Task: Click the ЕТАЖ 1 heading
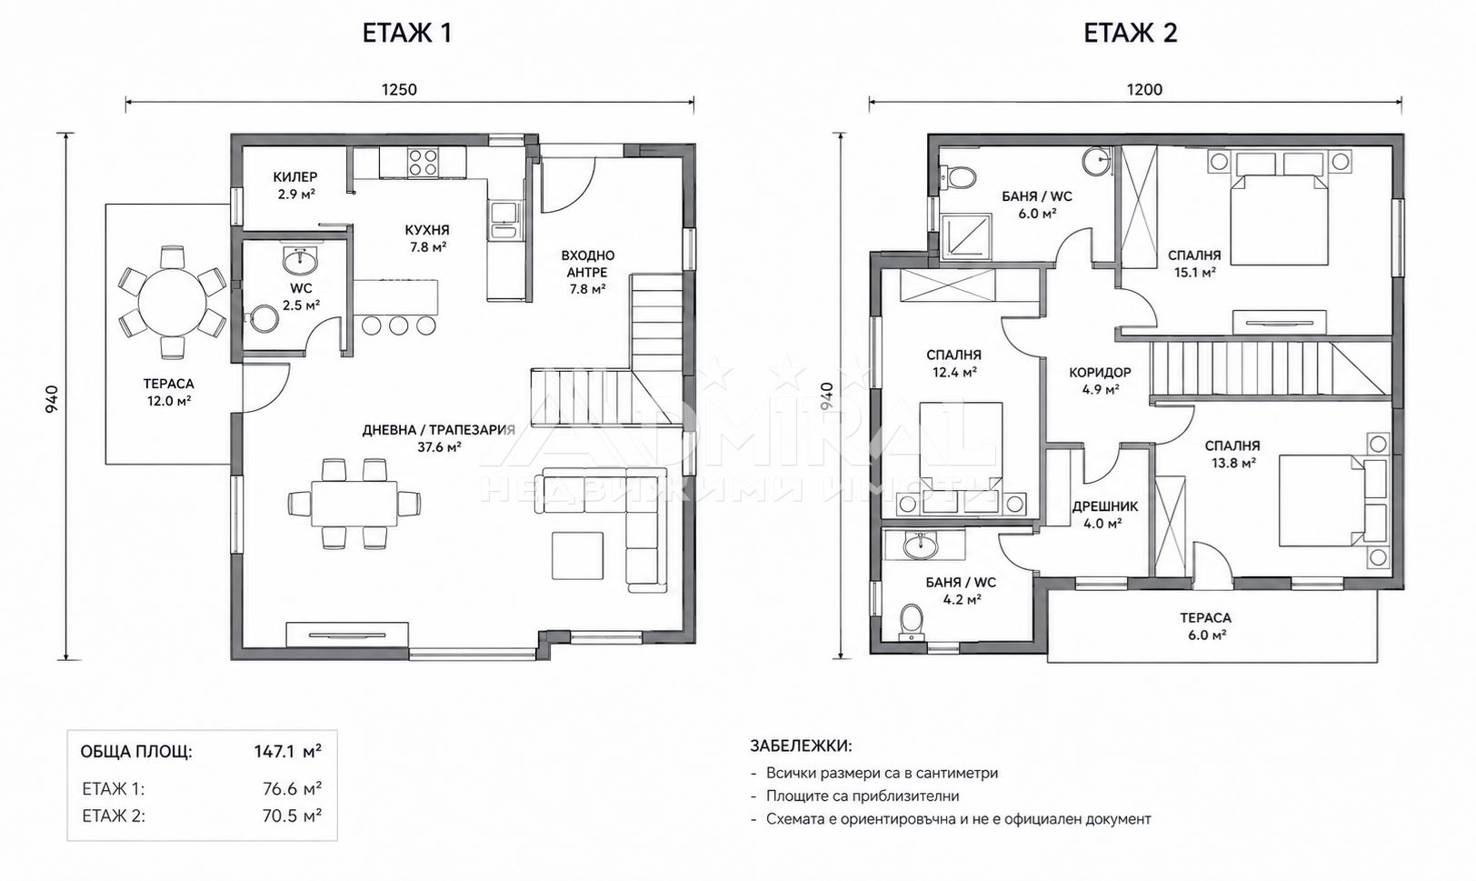[407, 33]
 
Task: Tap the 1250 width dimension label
[399, 90]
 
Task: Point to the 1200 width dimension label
[1144, 90]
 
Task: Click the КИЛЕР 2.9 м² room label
[295, 185]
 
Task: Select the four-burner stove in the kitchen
[423, 163]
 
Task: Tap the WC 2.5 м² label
[301, 296]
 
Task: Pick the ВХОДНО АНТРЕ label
[588, 264]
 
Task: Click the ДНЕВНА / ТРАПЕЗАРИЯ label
[439, 430]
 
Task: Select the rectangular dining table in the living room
[354, 504]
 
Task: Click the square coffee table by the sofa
[577, 556]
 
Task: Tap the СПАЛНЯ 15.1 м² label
[1194, 263]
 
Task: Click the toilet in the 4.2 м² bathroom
[913, 622]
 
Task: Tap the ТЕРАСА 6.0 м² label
[1205, 626]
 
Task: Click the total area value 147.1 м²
[288, 751]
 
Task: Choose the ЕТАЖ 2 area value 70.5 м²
[292, 816]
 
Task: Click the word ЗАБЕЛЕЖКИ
[801, 746]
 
